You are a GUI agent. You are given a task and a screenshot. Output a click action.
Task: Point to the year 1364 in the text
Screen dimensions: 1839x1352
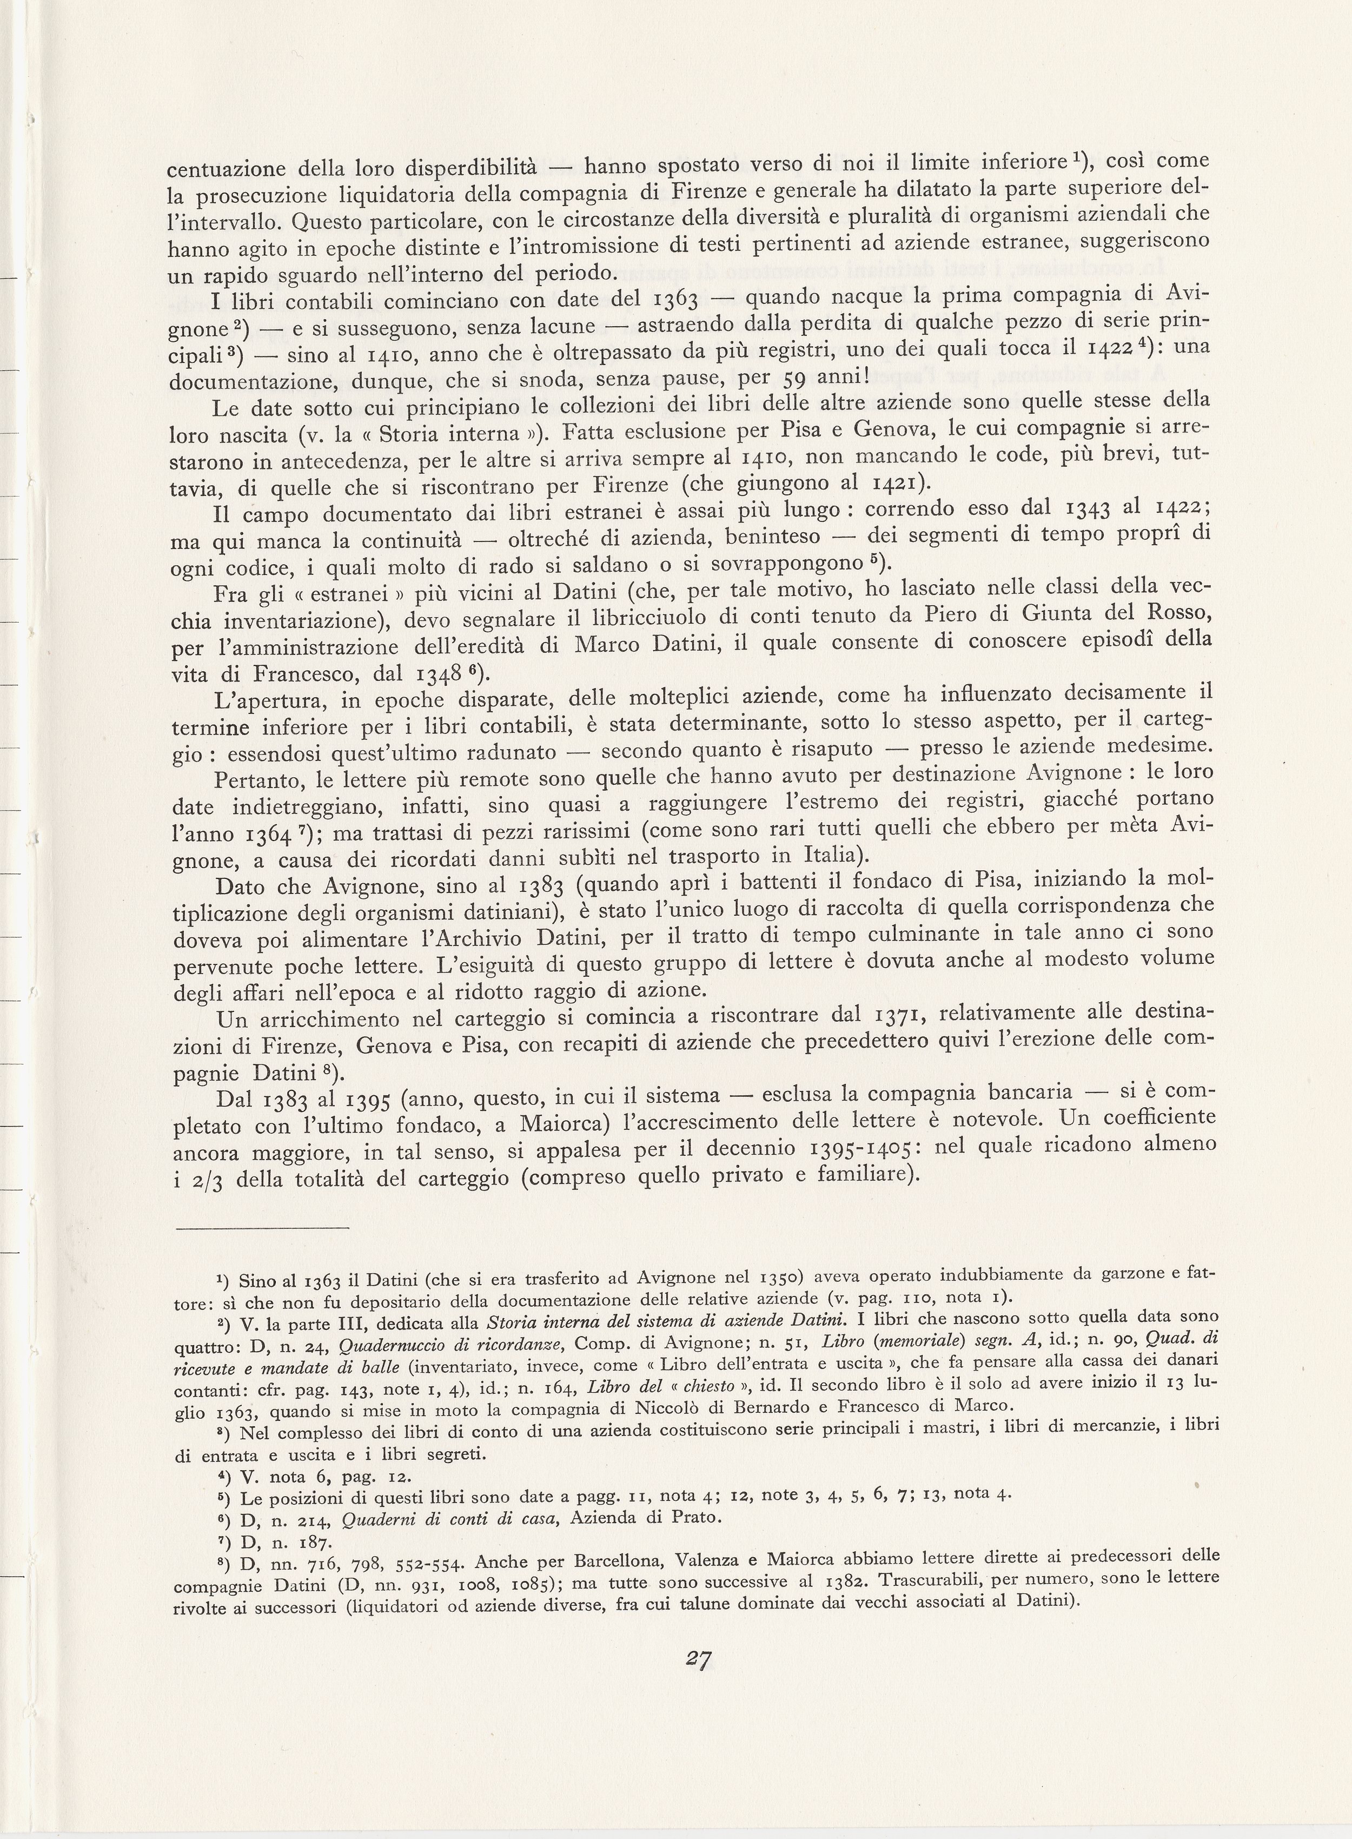click(x=267, y=836)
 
